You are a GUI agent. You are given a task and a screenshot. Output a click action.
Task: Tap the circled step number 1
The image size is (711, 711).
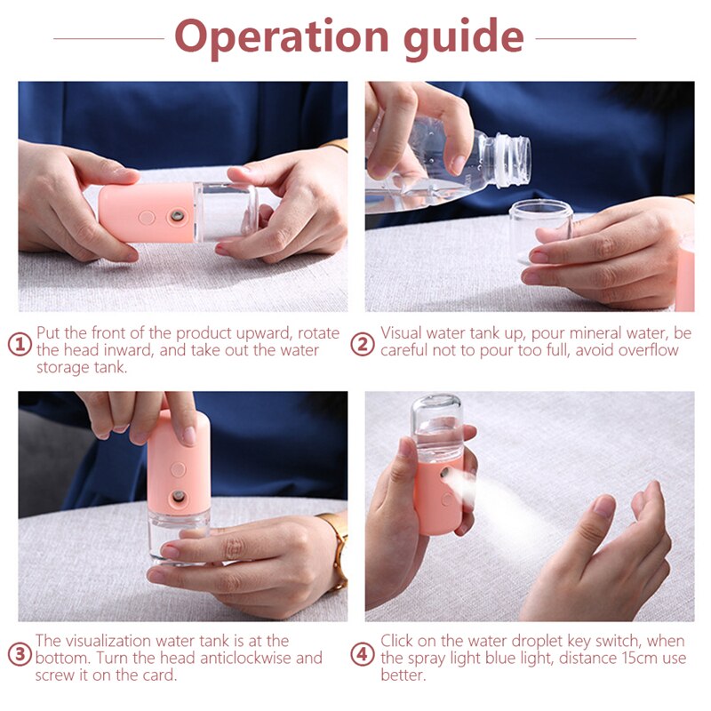point(20,343)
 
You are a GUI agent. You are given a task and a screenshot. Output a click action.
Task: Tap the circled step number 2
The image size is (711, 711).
point(363,343)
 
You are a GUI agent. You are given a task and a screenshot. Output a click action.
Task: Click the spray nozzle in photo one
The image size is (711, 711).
point(177,216)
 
